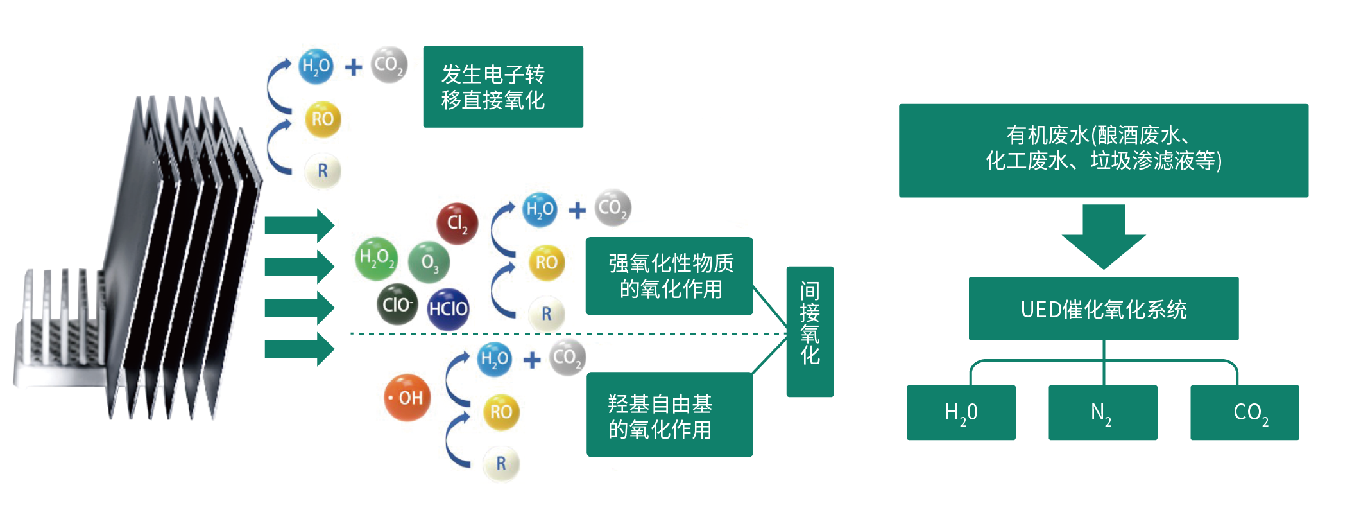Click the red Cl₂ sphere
click(457, 224)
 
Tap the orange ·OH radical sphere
click(407, 398)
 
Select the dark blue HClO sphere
click(448, 309)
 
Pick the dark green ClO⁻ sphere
click(397, 304)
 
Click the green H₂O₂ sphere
click(376, 258)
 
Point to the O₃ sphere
click(429, 262)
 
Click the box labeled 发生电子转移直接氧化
click(503, 87)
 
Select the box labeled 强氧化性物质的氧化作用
click(669, 276)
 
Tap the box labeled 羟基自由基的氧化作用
click(669, 415)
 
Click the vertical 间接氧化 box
click(810, 331)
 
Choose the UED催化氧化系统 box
click(1104, 308)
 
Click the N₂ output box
click(1103, 412)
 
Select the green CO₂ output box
click(1245, 412)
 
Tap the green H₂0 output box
click(961, 412)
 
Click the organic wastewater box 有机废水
click(1104, 150)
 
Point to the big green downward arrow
click(1104, 236)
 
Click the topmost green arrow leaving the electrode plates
click(300, 225)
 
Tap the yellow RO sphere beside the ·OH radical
click(501, 412)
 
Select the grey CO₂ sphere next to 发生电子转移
click(389, 64)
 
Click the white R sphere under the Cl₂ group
click(547, 314)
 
